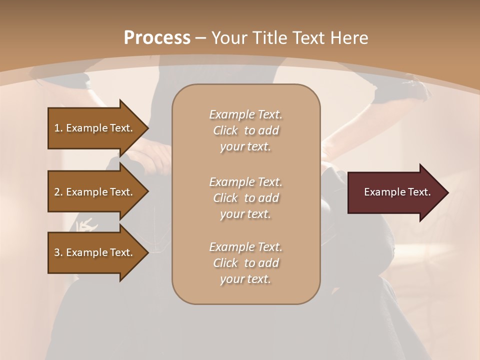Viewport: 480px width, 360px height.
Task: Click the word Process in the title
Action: (x=157, y=38)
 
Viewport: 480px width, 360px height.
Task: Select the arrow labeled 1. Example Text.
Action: (x=95, y=128)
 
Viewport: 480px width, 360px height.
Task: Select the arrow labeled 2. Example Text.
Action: (x=95, y=192)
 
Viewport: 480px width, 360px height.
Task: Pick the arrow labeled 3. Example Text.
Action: (x=95, y=252)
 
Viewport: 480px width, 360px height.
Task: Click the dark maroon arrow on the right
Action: (x=395, y=192)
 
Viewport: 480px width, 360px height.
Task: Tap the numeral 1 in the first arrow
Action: (x=56, y=128)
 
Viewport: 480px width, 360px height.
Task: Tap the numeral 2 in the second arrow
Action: (x=57, y=192)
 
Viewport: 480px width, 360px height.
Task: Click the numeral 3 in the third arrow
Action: (x=57, y=252)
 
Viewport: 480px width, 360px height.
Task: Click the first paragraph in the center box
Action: (x=245, y=130)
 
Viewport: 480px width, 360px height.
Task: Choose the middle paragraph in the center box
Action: (x=245, y=198)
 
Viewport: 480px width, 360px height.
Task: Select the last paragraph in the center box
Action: (x=245, y=263)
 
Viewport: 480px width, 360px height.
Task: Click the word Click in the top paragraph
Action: (x=225, y=130)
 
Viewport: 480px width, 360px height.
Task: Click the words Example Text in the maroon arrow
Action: (x=397, y=192)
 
